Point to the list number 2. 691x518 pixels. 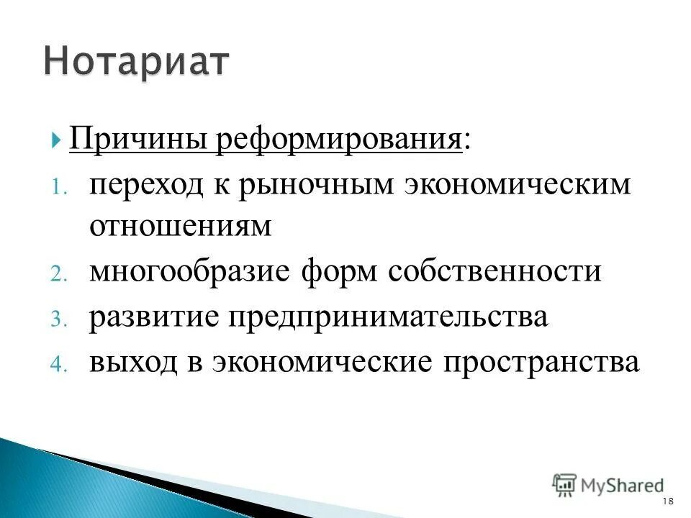click(58, 274)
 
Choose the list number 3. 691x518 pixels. click(58, 319)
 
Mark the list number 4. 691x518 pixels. click(58, 363)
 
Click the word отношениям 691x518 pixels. click(181, 227)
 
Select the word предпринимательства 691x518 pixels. click(389, 317)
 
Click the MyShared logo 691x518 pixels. click(609, 486)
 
